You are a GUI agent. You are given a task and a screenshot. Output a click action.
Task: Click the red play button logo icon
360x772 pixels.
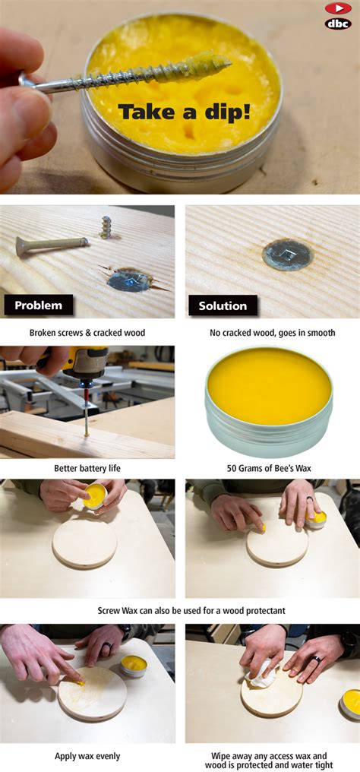[x=338, y=8]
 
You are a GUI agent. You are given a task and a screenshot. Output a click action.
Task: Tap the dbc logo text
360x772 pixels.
[x=338, y=24]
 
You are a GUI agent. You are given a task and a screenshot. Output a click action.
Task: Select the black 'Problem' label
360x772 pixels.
[x=39, y=305]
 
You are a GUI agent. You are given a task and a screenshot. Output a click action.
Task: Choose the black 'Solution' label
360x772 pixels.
[x=222, y=305]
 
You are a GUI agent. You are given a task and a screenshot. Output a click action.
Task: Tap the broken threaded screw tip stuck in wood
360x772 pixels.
[x=107, y=226]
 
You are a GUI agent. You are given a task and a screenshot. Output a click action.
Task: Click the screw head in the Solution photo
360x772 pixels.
[x=287, y=255]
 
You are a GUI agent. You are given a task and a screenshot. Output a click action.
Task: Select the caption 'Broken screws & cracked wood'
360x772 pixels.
[x=87, y=333]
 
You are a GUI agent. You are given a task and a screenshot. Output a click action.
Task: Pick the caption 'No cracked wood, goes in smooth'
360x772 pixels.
[x=272, y=333]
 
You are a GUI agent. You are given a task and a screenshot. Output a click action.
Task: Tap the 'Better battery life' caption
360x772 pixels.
[x=87, y=468]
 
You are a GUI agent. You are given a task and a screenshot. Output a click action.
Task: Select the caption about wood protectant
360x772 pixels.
[x=180, y=611]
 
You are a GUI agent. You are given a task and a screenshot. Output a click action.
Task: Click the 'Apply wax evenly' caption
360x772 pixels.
[x=87, y=756]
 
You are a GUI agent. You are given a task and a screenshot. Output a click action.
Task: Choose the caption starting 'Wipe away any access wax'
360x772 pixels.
[x=272, y=761]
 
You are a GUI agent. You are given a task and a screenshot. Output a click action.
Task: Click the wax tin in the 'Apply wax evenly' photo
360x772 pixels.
[x=134, y=666]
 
